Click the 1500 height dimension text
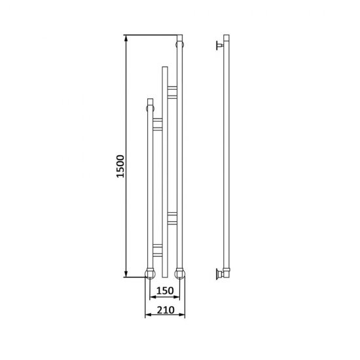pyautogui.click(x=120, y=166)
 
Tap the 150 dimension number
pyautogui.click(x=165, y=291)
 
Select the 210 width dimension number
pyautogui.click(x=166, y=310)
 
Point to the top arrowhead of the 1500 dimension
pyautogui.click(x=126, y=39)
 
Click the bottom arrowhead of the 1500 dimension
pyautogui.click(x=126, y=274)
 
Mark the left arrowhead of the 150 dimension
pyautogui.click(x=153, y=297)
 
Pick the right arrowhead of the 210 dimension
pyautogui.click(x=181, y=315)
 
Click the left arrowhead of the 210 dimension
pyautogui.click(x=149, y=315)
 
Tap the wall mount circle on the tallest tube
pyautogui.click(x=180, y=45)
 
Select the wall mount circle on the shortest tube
pyautogui.click(x=150, y=109)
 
